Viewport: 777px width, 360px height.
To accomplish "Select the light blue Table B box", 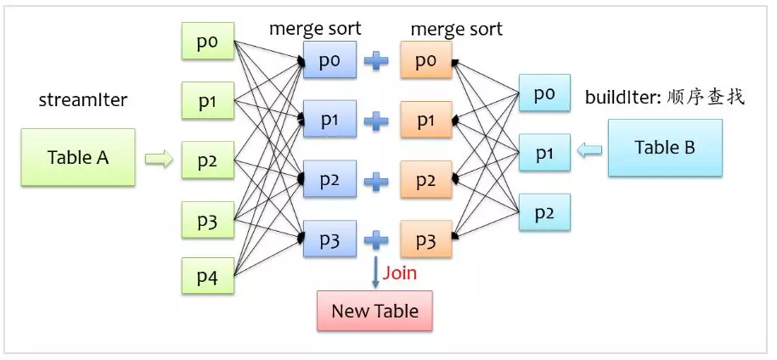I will pyautogui.click(x=665, y=148).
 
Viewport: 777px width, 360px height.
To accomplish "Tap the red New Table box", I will pyautogui.click(x=374, y=311).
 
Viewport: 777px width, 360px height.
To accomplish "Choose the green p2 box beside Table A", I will pyautogui.click(x=207, y=160).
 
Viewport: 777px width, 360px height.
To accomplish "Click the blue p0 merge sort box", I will pyautogui.click(x=329, y=61).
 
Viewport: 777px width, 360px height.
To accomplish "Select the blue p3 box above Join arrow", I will pyautogui.click(x=329, y=239).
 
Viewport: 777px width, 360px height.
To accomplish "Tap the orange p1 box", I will pyautogui.click(x=425, y=121).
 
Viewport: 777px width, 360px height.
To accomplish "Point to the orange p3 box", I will pyautogui.click(x=425, y=239).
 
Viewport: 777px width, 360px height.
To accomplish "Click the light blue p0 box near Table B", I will pyautogui.click(x=544, y=94).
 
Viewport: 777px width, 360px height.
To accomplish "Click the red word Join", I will pyautogui.click(x=400, y=273).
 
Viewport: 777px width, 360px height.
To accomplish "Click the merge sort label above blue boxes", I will pyautogui.click(x=315, y=28).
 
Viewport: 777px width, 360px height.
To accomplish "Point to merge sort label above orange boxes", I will pyautogui.click(x=456, y=28).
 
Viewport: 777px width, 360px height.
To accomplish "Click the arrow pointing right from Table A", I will pyautogui.click(x=158, y=158).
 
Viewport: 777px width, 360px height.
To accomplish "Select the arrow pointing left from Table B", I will pyautogui.click(x=589, y=151).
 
